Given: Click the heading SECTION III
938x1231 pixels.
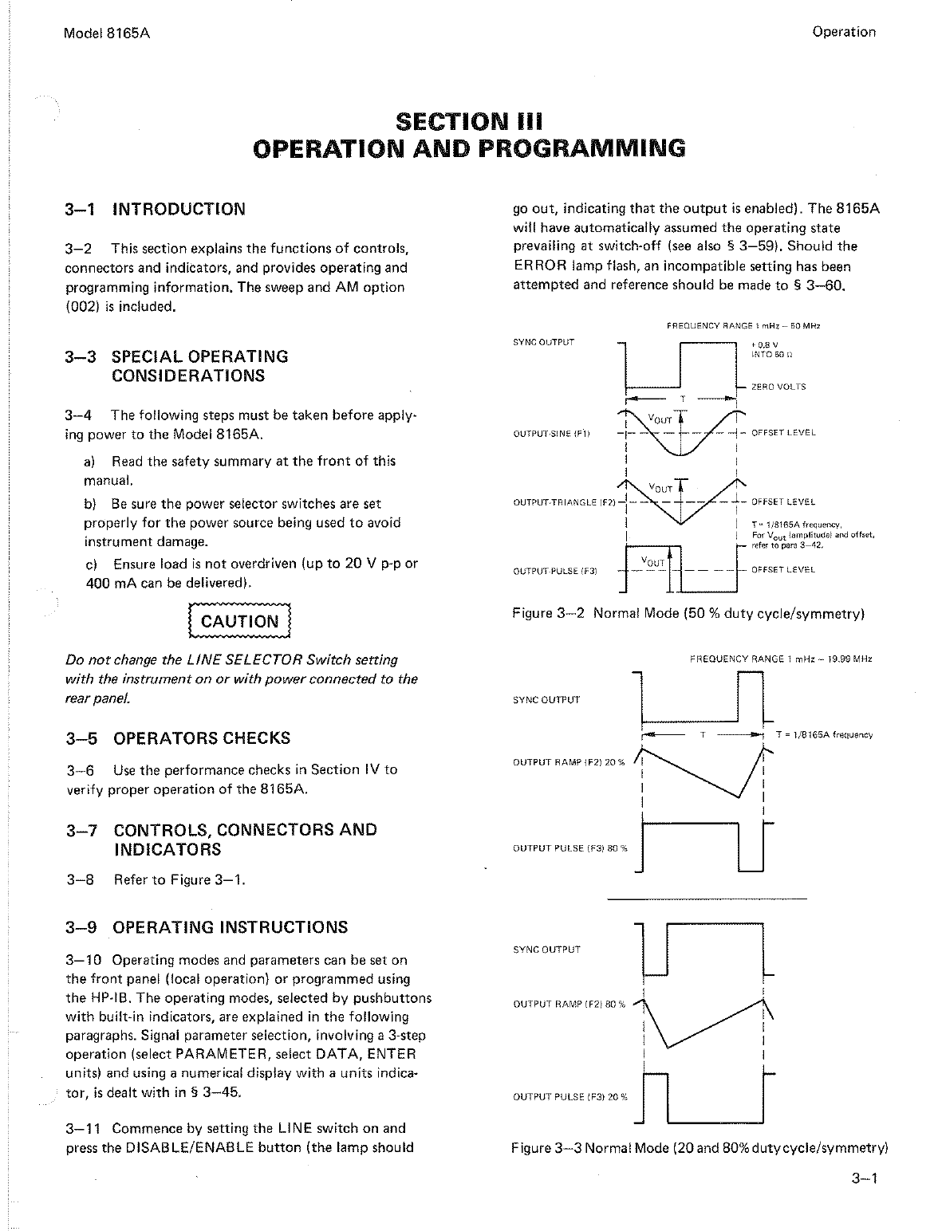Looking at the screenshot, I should pos(468,122).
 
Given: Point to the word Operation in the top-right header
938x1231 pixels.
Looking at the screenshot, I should pos(843,33).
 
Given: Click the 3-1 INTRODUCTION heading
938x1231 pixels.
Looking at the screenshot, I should pos(156,210).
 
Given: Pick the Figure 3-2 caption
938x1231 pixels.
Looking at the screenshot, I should pos(688,614).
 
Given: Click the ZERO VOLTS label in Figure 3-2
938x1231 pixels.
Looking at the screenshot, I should pos(778,387).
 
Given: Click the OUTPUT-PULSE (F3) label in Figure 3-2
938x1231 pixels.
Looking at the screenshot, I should pos(555,571).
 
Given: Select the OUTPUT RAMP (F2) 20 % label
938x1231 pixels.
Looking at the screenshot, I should pos(568,763).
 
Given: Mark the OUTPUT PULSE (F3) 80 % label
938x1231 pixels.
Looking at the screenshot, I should pos(569,848).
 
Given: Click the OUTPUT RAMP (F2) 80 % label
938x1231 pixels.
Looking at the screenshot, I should pos(568,1004).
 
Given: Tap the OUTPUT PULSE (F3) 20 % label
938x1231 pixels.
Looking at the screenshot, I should pos(569,1097).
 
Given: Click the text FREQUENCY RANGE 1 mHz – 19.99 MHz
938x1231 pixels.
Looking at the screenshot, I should pos(779,660).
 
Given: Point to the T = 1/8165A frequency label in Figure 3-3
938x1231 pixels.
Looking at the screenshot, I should pos(824,734).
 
